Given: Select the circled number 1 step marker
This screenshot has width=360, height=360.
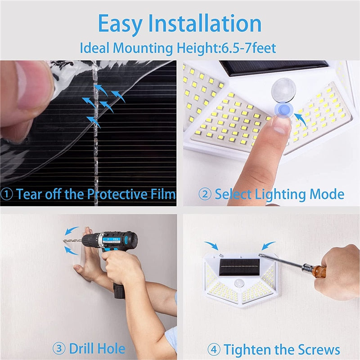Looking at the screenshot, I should point(8,194).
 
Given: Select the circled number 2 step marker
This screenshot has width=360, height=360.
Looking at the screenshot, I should point(205,194).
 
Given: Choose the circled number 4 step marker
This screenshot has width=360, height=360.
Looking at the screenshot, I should point(213,350).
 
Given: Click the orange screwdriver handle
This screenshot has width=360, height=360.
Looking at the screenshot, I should point(319,272).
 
